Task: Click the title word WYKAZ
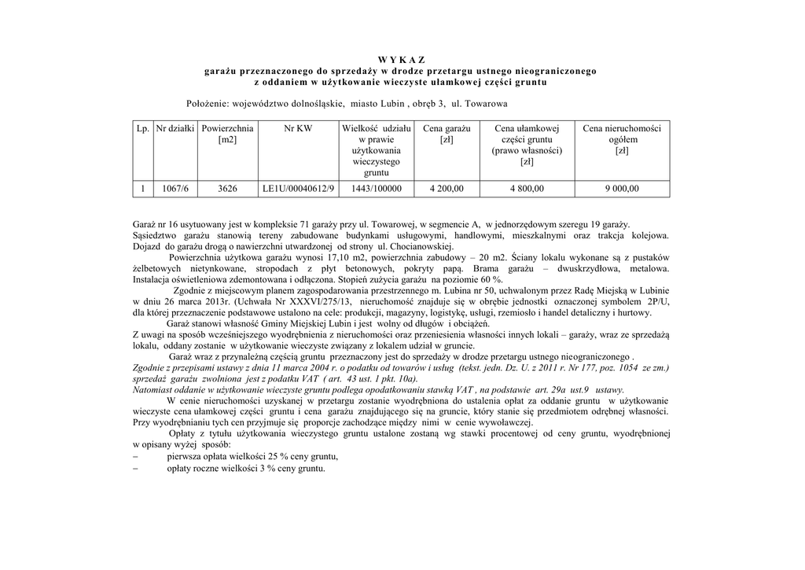coord(401,60)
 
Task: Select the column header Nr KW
coord(298,128)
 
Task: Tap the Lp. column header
coord(142,128)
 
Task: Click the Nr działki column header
coord(175,128)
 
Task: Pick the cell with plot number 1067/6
coord(175,189)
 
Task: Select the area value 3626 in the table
coord(227,189)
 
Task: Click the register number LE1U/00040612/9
coord(298,189)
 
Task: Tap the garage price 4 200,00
coord(447,189)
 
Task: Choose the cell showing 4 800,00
coord(526,189)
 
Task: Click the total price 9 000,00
coord(622,189)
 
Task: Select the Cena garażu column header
coord(447,128)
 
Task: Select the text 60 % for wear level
coord(491,279)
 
